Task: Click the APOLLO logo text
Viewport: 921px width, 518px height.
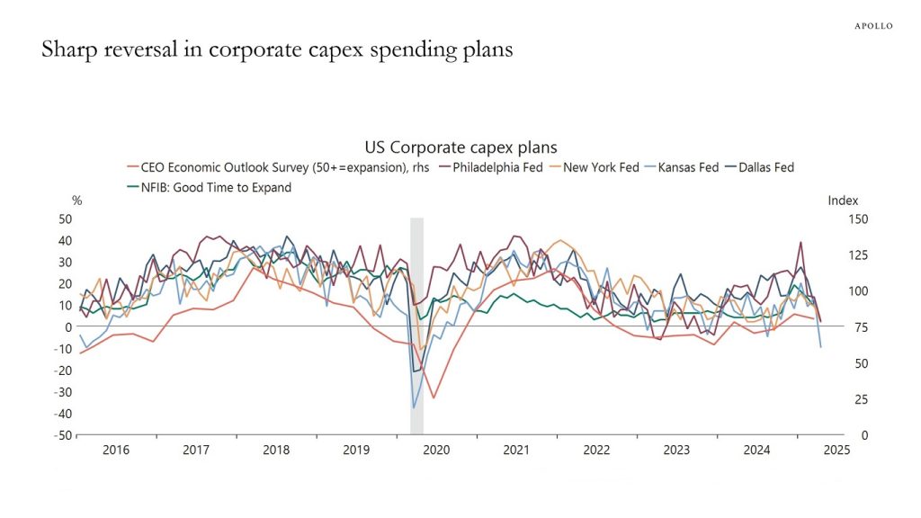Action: pos(873,26)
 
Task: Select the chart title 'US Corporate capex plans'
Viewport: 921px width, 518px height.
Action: pos(460,147)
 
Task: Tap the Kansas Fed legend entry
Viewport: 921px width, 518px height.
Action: pos(688,167)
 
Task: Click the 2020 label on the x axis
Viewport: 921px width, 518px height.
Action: pos(436,450)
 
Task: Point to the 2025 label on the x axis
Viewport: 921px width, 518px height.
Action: pos(836,450)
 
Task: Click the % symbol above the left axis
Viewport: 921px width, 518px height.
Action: pos(76,201)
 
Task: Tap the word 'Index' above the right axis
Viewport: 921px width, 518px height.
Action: pos(843,201)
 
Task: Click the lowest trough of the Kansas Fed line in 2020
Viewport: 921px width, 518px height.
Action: pos(415,407)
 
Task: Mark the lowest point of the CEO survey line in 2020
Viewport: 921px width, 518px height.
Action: pos(434,397)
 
